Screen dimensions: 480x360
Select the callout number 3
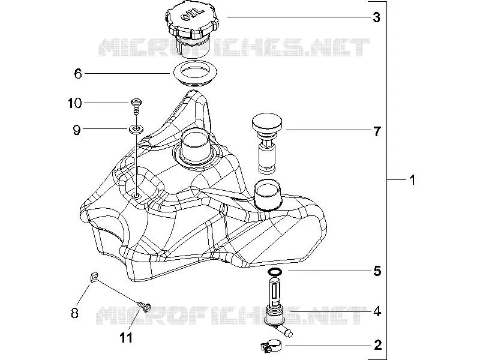tap(377, 17)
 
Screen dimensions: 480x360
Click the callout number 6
tap(78, 74)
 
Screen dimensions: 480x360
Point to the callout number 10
tap(74, 103)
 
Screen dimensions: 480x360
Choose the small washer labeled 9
tap(136, 129)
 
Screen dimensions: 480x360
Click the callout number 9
tap(77, 130)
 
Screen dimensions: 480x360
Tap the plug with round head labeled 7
tap(267, 143)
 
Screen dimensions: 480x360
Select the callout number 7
tap(377, 131)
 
